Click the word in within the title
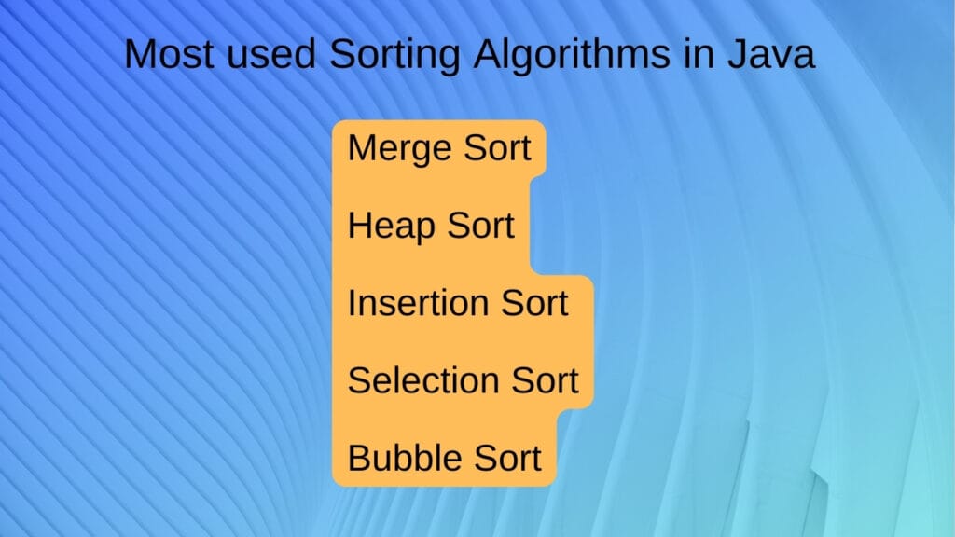point(697,54)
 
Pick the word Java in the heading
point(773,54)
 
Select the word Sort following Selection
point(542,380)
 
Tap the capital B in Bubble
point(359,458)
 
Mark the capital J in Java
point(740,54)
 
